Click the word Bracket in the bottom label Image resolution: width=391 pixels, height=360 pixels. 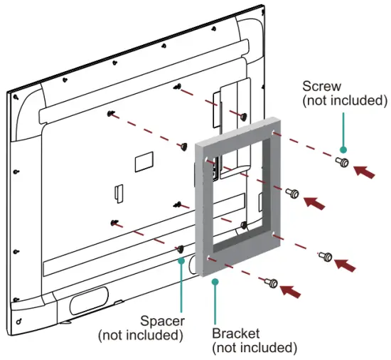pos(235,333)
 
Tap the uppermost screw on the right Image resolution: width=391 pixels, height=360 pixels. pos(343,163)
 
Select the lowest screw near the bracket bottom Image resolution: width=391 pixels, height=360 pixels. pos(272,283)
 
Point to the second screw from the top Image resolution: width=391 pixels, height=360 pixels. pos(291,193)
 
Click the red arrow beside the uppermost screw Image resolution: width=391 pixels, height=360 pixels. pos(366,171)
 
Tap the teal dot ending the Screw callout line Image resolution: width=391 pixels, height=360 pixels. pos(343,150)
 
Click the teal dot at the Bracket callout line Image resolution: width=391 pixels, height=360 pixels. pos(215,281)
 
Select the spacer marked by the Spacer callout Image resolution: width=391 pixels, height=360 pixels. pos(181,249)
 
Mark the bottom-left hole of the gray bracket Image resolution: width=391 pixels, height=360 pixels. pos(207,257)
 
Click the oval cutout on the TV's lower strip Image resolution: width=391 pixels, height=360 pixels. pos(89,294)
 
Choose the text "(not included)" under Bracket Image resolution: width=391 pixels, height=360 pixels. pos(255,347)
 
